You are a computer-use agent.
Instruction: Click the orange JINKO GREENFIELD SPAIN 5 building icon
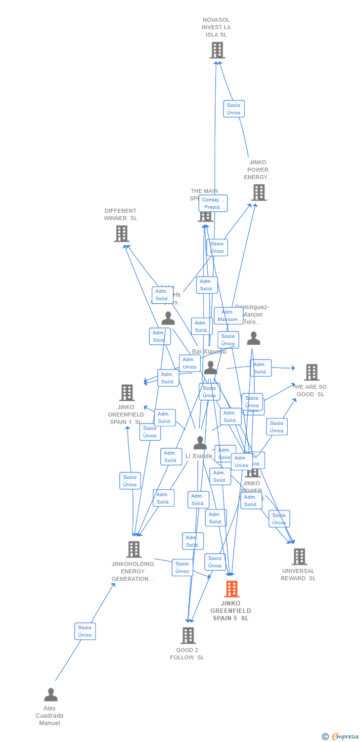[x=231, y=589]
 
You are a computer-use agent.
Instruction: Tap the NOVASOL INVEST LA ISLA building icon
[x=217, y=50]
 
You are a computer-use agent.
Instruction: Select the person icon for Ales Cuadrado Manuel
[x=50, y=695]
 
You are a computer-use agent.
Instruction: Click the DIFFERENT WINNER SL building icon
[x=122, y=233]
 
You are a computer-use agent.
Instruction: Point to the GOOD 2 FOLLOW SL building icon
[x=188, y=636]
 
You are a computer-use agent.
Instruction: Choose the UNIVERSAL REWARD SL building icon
[x=299, y=556]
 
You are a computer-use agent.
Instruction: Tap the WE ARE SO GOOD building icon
[x=312, y=372]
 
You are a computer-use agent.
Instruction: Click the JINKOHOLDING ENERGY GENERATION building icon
[x=134, y=550]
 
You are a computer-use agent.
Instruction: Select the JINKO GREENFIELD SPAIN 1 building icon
[x=127, y=393]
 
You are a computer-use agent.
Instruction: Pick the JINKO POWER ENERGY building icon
[x=259, y=192]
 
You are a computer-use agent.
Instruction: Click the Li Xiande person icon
[x=200, y=443]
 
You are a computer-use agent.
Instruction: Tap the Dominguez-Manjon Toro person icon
[x=254, y=338]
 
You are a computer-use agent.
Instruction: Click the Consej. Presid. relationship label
[x=213, y=203]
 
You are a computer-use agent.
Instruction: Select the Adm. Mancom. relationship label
[x=228, y=316]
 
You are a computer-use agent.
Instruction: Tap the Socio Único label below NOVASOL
[x=234, y=109]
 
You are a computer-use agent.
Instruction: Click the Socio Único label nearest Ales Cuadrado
[x=85, y=631]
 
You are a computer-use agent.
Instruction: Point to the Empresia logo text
[x=345, y=737]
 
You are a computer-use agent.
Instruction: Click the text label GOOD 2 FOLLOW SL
[x=187, y=654]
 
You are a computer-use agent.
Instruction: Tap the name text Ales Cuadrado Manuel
[x=49, y=716]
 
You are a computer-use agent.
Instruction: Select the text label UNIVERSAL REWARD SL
[x=298, y=575]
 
